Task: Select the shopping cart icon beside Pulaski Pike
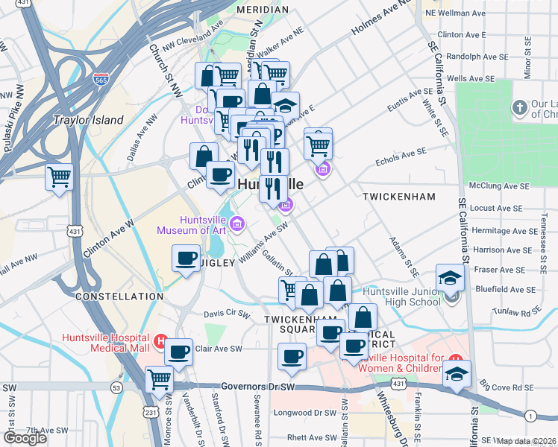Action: [59, 177]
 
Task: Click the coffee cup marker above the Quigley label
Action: [186, 259]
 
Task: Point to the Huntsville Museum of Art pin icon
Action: [237, 223]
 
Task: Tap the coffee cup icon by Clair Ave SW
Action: [178, 352]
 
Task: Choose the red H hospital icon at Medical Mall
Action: [159, 342]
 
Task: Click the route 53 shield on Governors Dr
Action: [116, 387]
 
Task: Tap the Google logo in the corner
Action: [25, 438]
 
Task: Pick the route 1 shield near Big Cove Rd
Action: [530, 415]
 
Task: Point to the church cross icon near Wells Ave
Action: [519, 109]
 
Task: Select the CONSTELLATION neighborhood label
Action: [119, 297]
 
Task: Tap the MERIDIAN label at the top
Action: [262, 10]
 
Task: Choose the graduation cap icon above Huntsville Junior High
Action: [450, 278]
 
